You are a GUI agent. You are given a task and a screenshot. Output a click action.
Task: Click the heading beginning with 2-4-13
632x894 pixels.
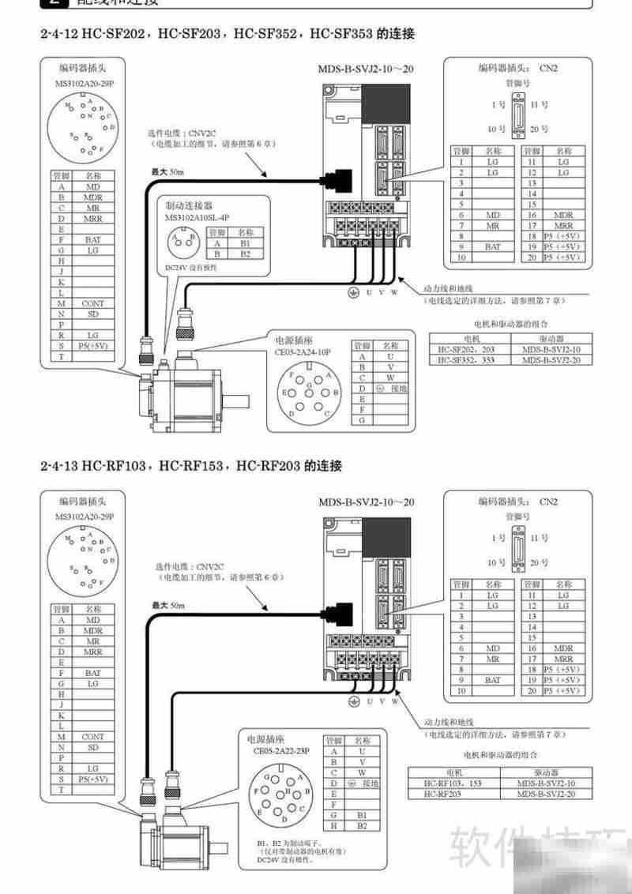190,466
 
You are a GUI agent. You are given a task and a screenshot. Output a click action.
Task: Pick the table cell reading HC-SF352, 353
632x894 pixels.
466,360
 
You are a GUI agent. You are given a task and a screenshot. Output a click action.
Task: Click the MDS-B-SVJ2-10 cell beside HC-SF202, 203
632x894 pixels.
551,349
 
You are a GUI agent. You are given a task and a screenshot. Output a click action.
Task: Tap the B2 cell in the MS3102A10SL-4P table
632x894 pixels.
245,254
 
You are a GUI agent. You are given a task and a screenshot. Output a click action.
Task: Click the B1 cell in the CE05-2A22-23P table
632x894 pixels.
362,814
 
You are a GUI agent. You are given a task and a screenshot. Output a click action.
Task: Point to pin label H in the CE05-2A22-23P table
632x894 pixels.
335,825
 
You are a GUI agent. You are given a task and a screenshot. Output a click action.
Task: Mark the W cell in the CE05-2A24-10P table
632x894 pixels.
390,378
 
